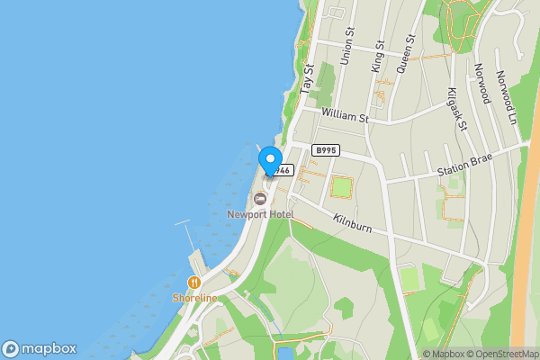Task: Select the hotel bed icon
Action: click(x=260, y=198)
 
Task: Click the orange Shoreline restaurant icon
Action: click(x=193, y=282)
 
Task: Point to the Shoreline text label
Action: click(x=195, y=298)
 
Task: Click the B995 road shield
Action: click(x=325, y=149)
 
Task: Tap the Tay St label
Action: click(x=309, y=79)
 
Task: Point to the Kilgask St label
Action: click(x=458, y=109)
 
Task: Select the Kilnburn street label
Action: click(x=352, y=220)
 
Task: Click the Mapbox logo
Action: click(x=40, y=348)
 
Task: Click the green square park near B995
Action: click(x=341, y=187)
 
